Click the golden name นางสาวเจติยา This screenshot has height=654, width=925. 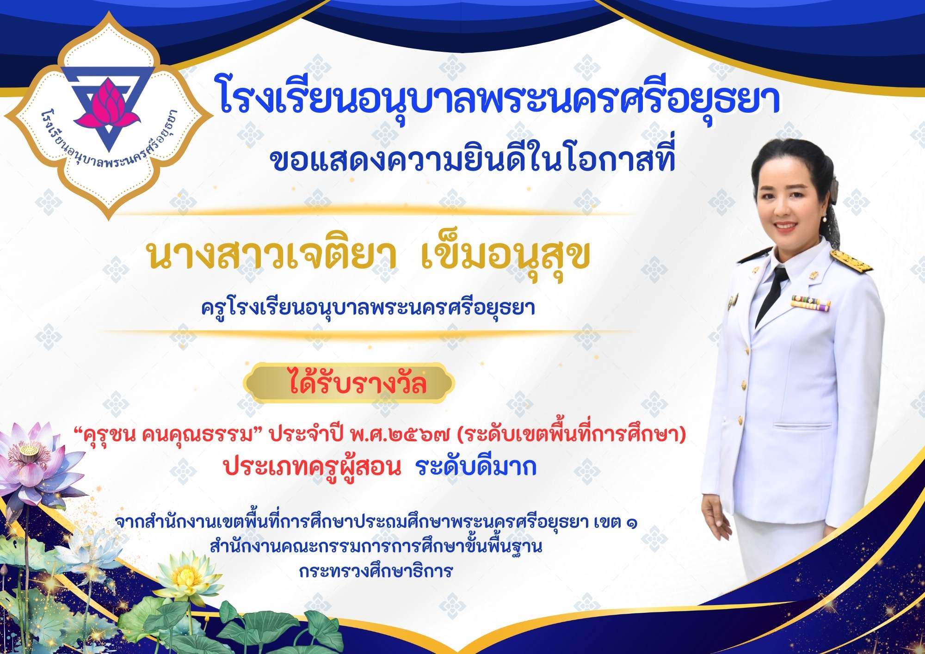(272, 255)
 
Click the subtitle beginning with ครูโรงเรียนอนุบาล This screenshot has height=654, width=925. (368, 308)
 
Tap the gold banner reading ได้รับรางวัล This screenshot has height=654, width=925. (350, 383)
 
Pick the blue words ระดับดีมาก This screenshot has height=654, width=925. (476, 467)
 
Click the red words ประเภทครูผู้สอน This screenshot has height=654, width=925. (312, 467)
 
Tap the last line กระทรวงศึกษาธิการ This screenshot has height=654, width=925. (376, 571)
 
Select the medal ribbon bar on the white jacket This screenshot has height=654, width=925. (810, 303)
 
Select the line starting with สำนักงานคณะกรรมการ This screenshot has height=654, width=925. (376, 547)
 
